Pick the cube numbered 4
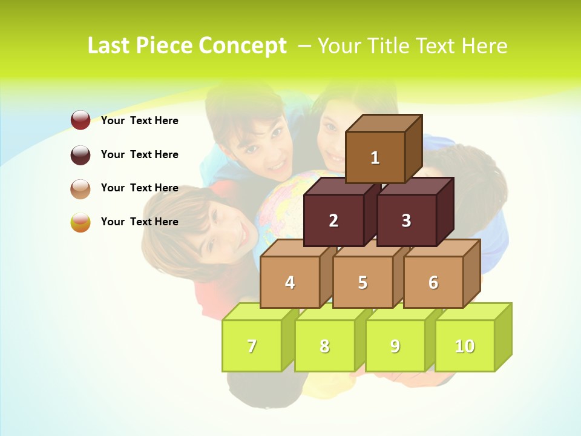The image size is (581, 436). [x=290, y=282]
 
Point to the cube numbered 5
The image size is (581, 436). [x=363, y=282]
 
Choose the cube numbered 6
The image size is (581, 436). [x=433, y=282]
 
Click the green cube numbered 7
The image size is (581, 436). [x=252, y=346]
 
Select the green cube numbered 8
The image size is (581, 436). [x=324, y=346]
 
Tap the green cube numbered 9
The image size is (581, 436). [x=395, y=346]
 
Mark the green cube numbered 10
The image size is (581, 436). [x=465, y=346]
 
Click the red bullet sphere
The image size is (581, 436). [x=80, y=121]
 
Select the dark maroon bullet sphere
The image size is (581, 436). [x=80, y=154]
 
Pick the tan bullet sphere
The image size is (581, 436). [x=80, y=188]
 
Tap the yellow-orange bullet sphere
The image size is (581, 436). [x=80, y=222]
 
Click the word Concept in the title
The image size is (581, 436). [x=243, y=46]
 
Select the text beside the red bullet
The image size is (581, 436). [x=140, y=121]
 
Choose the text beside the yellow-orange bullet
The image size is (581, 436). [x=140, y=222]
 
